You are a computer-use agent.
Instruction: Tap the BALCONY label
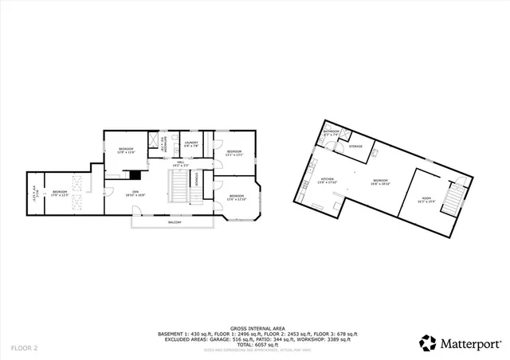pos(173,222)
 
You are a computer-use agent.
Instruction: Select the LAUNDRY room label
pos(191,145)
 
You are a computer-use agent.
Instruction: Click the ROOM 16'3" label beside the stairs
pos(426,200)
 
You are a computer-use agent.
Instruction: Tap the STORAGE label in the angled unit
pos(355,147)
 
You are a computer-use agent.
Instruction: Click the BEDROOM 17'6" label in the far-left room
pos(60,193)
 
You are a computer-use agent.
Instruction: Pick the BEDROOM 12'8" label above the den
pos(126,150)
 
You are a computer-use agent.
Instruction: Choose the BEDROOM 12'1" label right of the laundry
pos(233,152)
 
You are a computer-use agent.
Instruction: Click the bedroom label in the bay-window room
pos(237,197)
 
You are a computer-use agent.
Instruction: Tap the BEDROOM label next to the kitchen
pos(378,182)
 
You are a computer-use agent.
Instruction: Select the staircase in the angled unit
pos(455,195)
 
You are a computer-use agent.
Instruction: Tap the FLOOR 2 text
pos(24,348)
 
